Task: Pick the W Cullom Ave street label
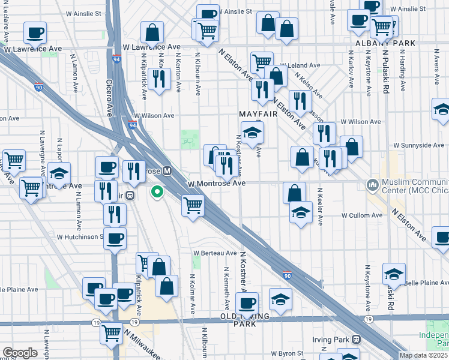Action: point(362,215)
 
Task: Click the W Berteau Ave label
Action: point(214,253)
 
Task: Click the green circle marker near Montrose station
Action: point(157,193)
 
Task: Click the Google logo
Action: point(20,353)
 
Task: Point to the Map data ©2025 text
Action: point(423,355)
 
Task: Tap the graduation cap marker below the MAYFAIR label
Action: point(253,133)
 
